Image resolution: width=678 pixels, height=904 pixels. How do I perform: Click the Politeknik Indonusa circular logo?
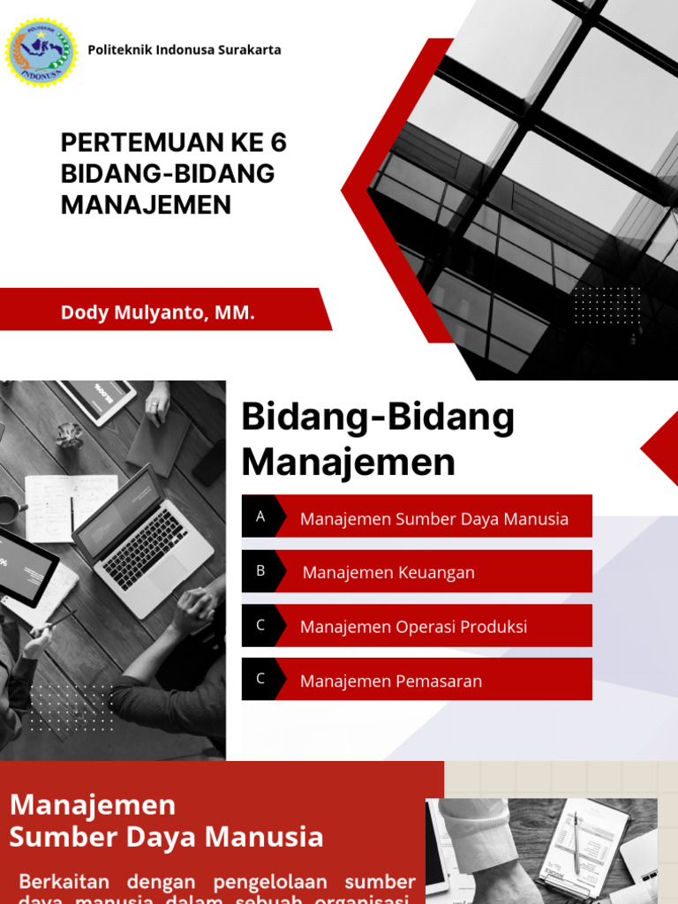pyautogui.click(x=41, y=52)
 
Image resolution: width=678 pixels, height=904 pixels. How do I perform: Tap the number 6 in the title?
pyautogui.click(x=279, y=143)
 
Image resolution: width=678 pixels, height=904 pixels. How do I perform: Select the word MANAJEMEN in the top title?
pyautogui.click(x=146, y=205)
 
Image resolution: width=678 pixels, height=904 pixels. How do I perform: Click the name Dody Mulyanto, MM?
pyautogui.click(x=157, y=313)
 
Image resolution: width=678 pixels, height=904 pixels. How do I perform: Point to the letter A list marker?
pyautogui.click(x=260, y=516)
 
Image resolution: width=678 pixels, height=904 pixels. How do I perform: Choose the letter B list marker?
pyautogui.click(x=260, y=571)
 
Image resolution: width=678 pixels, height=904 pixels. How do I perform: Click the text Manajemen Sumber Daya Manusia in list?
pyautogui.click(x=433, y=519)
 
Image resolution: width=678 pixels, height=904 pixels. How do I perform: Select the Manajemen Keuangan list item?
pyautogui.click(x=388, y=573)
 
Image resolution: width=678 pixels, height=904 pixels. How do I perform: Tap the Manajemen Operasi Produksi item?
pyautogui.click(x=413, y=627)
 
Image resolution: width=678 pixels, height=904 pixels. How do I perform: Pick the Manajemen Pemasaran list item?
pyautogui.click(x=390, y=682)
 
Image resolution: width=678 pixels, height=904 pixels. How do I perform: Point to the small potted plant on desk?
pyautogui.click(x=68, y=434)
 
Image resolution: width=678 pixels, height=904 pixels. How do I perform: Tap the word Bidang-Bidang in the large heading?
pyautogui.click(x=378, y=418)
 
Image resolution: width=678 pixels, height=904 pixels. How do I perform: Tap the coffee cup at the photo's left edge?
pyautogui.click(x=9, y=510)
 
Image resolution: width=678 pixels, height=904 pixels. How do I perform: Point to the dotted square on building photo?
pyautogui.click(x=607, y=305)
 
